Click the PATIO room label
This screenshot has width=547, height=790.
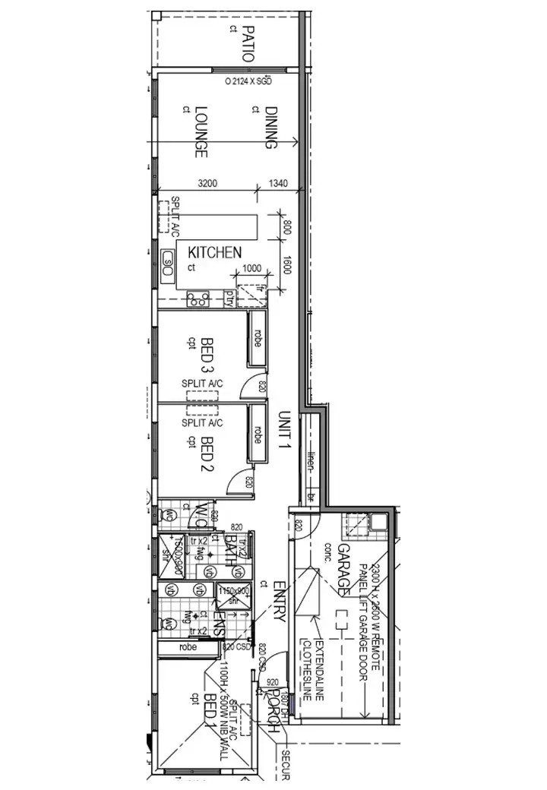pos(248,43)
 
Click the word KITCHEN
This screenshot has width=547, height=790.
pos(215,252)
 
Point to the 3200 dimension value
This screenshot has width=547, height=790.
pos(208,183)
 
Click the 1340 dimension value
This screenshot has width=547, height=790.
pos(280,183)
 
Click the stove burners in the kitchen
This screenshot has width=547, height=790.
pos(198,299)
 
